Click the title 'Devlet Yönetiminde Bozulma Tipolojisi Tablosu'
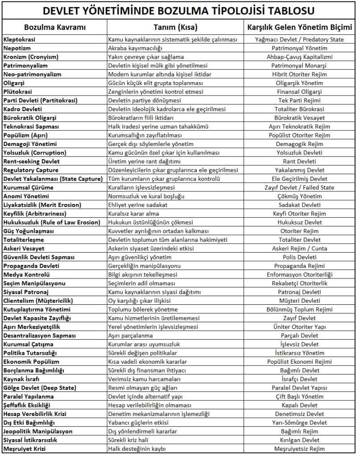tap(180, 10)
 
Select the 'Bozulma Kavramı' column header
tap(49, 27)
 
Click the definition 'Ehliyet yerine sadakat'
tap(138, 205)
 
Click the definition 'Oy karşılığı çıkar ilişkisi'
tap(143, 301)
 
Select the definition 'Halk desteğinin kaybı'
tap(137, 449)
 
